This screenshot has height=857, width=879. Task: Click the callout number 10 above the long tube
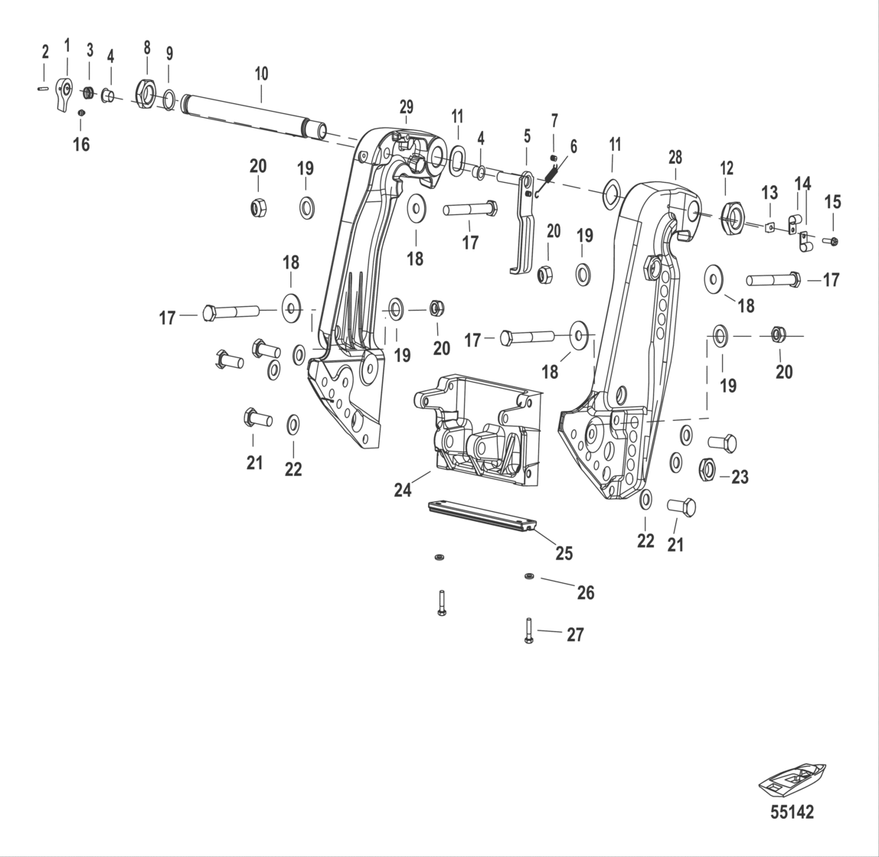261,74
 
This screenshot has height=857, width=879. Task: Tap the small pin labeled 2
44,88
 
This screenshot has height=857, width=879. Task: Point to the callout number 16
81,144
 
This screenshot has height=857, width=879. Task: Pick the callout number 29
406,106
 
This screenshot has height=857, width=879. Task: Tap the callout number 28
675,157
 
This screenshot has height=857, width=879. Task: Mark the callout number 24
403,490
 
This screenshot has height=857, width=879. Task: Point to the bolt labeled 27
528,630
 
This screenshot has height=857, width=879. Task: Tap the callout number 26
585,592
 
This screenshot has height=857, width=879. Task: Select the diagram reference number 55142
792,811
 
